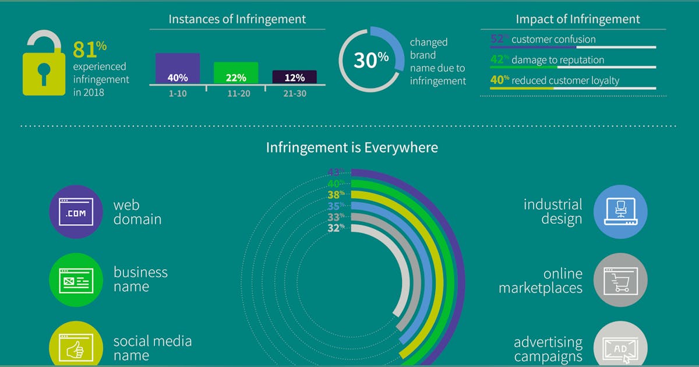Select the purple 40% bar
(x=178, y=69)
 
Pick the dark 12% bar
(x=294, y=77)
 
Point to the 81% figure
(x=85, y=50)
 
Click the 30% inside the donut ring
(x=370, y=60)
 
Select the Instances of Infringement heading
(x=237, y=19)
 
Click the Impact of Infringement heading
(x=577, y=19)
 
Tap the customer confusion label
(x=553, y=40)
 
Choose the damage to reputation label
(x=557, y=60)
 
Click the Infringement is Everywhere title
(x=352, y=147)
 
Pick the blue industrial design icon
(x=620, y=213)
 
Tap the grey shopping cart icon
(x=620, y=280)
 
